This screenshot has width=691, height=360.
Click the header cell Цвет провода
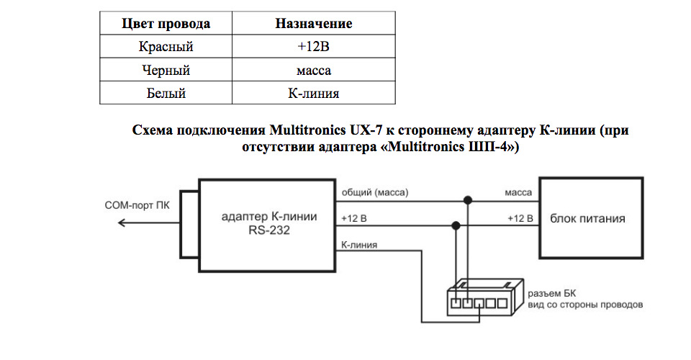[166, 24]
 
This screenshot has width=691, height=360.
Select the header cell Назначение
[313, 24]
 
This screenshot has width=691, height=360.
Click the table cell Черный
[166, 71]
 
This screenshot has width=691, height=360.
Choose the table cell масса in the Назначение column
[313, 71]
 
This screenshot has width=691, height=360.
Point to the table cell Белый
[166, 94]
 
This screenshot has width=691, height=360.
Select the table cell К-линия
[313, 94]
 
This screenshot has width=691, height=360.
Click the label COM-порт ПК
[136, 205]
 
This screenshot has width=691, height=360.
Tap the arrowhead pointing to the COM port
[122, 223]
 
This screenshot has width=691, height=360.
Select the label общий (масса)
[375, 193]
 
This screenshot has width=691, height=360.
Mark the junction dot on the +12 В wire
[454, 225]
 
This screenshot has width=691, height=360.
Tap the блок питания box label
[587, 218]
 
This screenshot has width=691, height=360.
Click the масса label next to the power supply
[518, 193]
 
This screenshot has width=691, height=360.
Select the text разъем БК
[552, 293]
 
